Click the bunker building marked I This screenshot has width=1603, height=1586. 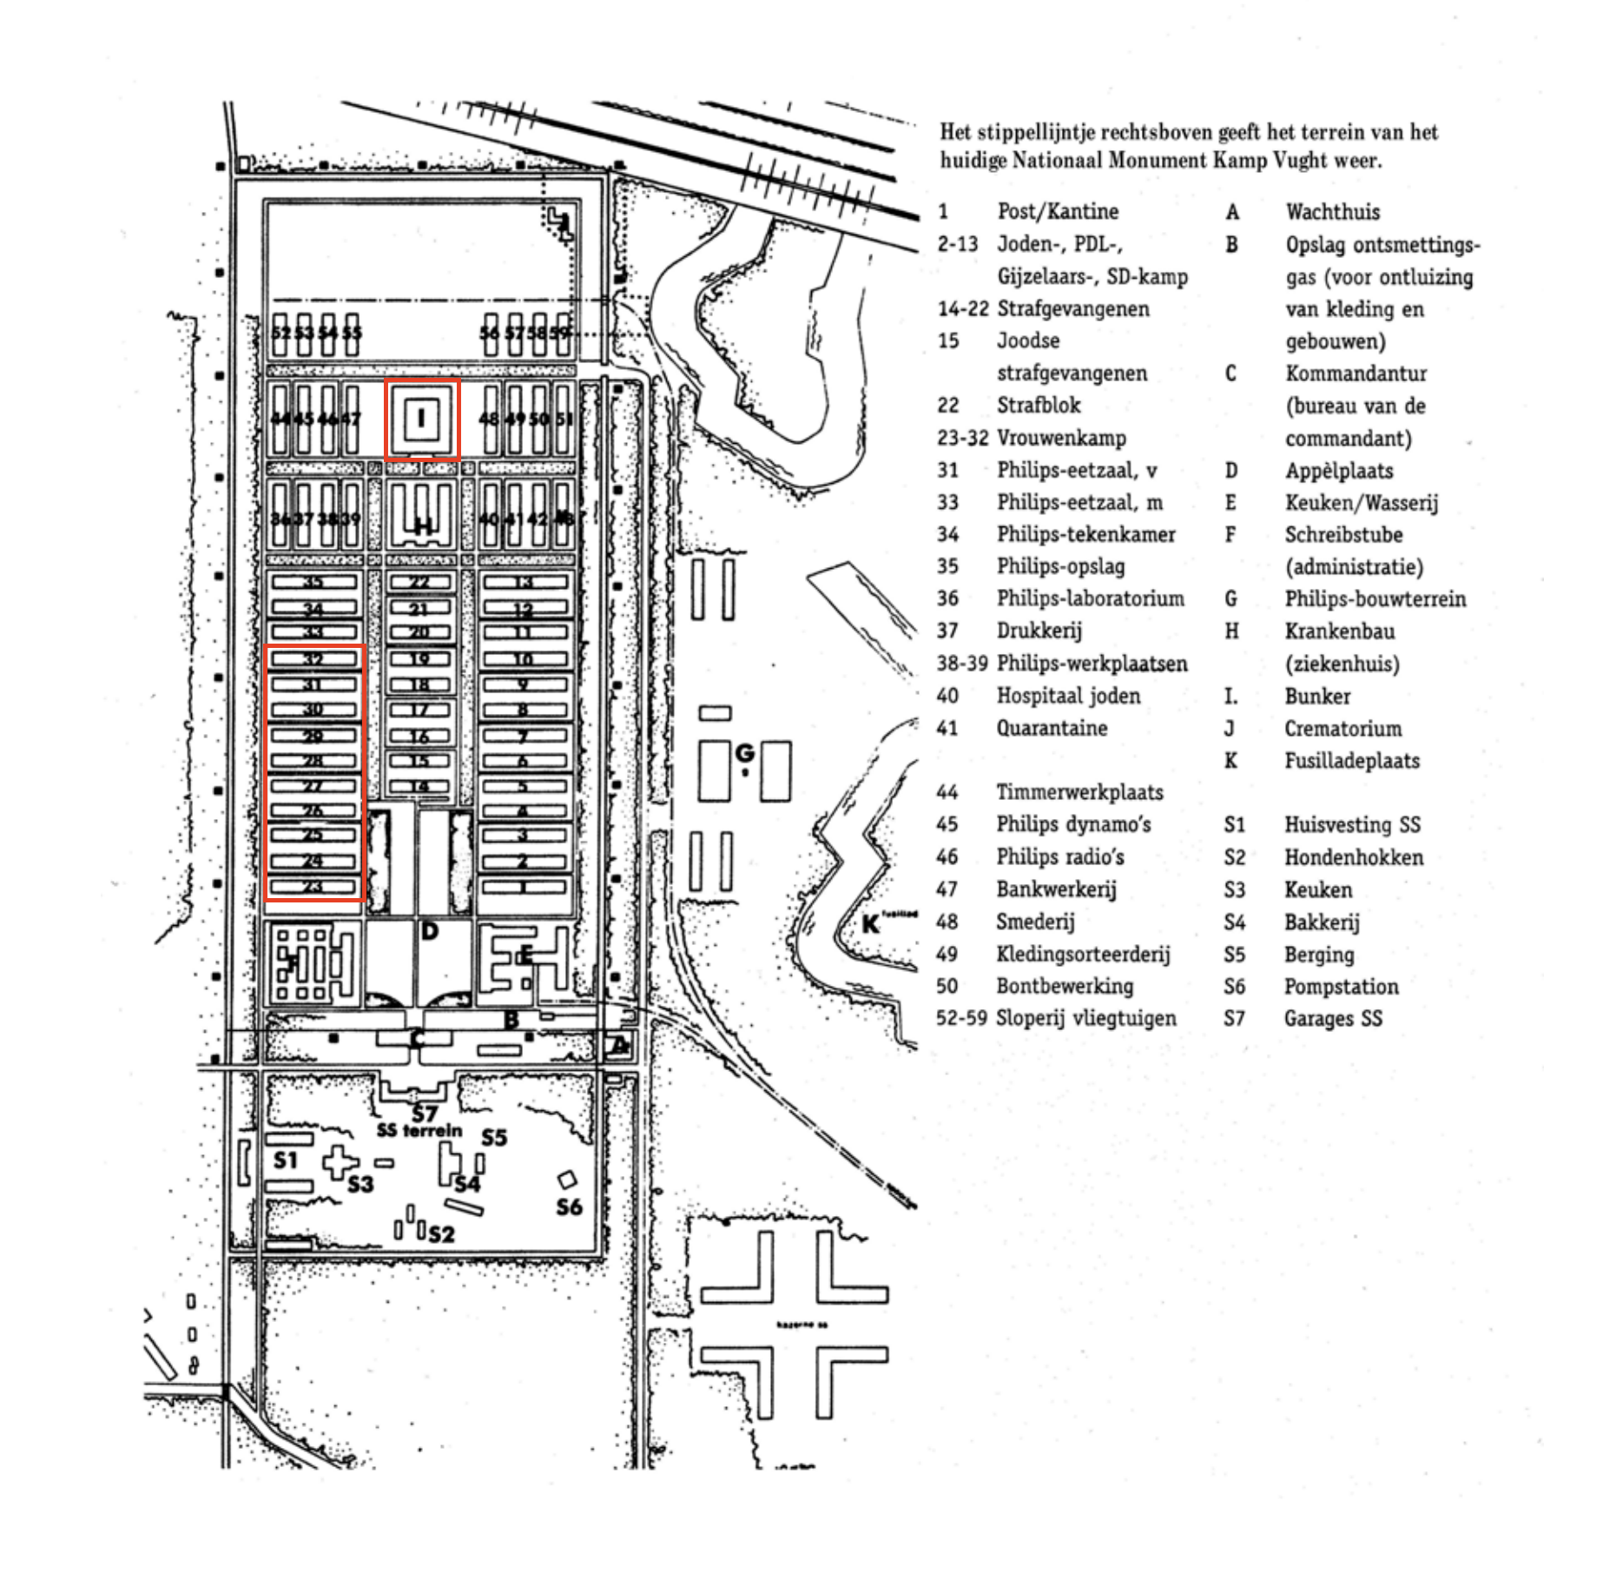pos(421,419)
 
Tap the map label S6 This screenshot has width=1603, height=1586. pos(569,1206)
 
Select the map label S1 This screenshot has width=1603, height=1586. pos(286,1160)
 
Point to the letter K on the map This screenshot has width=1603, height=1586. pos(870,924)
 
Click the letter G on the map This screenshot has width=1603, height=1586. pos(745,752)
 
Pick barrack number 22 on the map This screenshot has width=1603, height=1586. pos(419,582)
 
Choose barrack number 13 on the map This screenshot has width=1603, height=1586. pos(524,582)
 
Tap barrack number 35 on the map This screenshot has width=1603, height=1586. pos(313,582)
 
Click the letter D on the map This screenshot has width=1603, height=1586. pos(429,932)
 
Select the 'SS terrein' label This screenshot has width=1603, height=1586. pos(420,1130)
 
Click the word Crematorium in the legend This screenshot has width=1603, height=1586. pos(1342,729)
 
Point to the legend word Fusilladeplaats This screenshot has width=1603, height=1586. pos(1352,761)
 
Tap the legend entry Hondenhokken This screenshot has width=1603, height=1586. pos(1354,858)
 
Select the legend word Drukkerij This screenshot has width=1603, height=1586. pos(1039,631)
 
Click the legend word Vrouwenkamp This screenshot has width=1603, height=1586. pos(1061,438)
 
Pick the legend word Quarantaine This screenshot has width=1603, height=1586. pos(1052,728)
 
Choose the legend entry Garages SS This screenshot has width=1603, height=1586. pos(1333,1018)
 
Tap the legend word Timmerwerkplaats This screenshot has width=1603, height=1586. pos(1079,792)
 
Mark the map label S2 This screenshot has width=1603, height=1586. pos(441,1233)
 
